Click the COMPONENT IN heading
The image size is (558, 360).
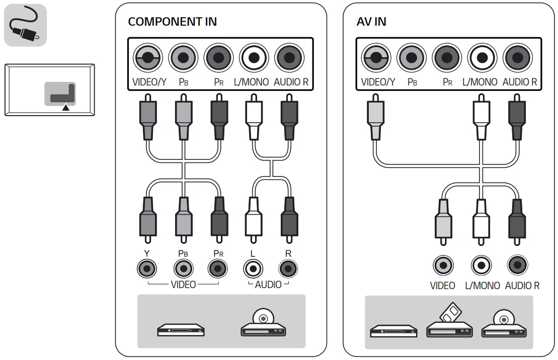pos(172,22)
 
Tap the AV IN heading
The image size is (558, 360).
pos(371,22)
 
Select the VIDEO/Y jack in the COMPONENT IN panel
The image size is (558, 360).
pos(148,58)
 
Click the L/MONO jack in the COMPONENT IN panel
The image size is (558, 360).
pos(254,58)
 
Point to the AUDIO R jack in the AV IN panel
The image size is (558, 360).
pos(517,58)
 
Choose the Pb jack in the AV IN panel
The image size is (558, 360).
pos(412,58)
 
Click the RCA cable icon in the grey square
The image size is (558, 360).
pos(25,25)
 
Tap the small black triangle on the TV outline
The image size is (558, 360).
pos(66,107)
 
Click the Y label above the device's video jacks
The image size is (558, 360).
pos(146,253)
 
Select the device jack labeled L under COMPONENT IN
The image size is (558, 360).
pos(254,269)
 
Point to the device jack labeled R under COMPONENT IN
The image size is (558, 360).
pos(288,269)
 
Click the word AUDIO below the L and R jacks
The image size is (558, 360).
pos(268,285)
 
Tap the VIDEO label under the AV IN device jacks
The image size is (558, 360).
pos(442,286)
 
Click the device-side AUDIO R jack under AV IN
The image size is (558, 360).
pos(517,265)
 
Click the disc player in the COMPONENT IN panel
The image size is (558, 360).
pos(263,322)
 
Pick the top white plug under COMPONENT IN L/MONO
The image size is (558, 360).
pos(254,117)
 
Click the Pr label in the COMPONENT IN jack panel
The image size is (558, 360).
pos(219,82)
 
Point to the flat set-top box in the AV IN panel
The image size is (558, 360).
pos(393,331)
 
